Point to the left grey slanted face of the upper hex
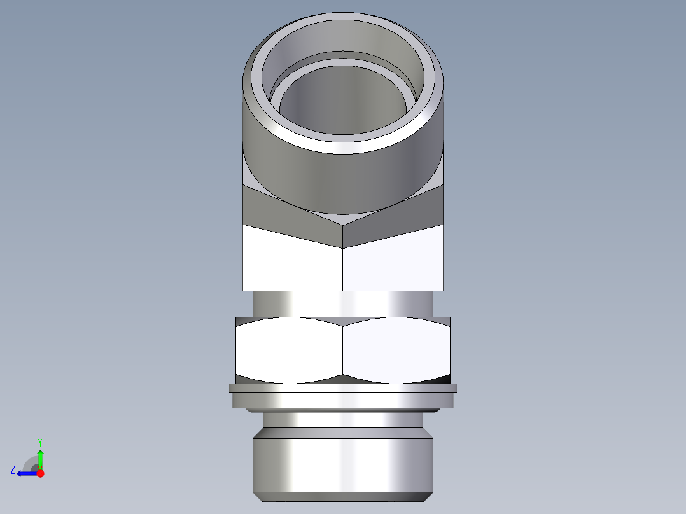tap(280, 210)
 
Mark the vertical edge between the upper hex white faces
tap(343, 267)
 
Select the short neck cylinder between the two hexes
tap(344, 303)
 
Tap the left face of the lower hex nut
tap(290, 350)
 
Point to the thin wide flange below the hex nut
tap(344, 389)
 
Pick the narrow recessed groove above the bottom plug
tap(344, 420)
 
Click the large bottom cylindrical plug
tap(344, 461)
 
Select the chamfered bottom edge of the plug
tap(344, 496)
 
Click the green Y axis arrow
tap(40, 457)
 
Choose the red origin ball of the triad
tap(40, 473)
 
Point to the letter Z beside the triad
tap(13, 470)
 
